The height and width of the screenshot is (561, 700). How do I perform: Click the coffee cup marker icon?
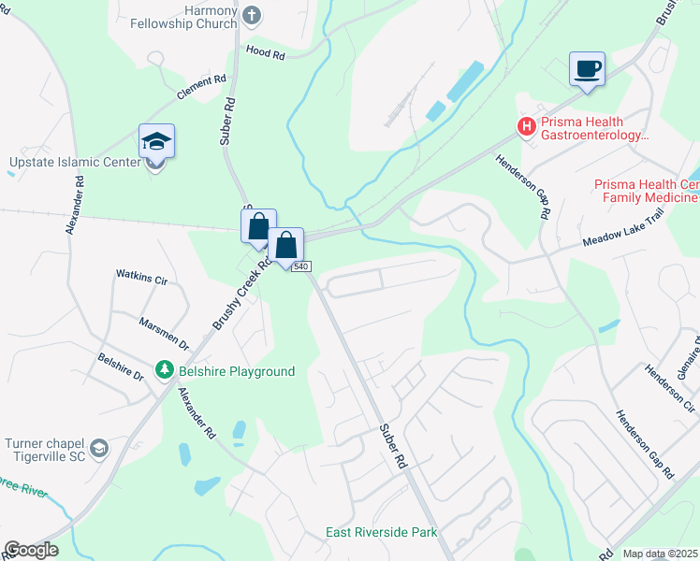(587, 70)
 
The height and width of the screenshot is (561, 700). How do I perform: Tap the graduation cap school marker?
(157, 142)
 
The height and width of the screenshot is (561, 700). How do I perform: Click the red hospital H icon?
(526, 124)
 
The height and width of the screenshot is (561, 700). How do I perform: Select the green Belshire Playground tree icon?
(165, 371)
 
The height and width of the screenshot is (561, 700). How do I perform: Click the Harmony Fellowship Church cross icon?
(252, 15)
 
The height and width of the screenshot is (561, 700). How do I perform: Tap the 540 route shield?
(300, 267)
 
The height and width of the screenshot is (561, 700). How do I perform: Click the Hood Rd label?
(265, 52)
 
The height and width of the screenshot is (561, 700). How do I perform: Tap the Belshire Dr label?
(120, 367)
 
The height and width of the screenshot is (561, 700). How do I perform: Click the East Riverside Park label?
(381, 532)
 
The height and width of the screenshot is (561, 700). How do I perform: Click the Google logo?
(31, 550)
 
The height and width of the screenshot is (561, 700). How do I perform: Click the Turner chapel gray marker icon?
(99, 449)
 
